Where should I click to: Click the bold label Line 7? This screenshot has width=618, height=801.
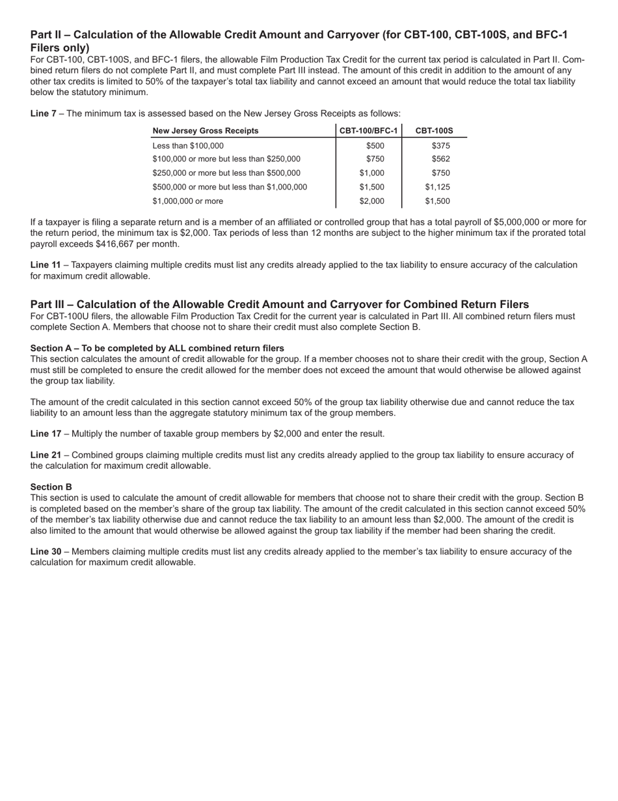[43, 113]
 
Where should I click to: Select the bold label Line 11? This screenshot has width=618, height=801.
[46, 265]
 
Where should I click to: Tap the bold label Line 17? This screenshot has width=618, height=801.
[46, 434]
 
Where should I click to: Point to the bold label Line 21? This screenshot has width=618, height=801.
[46, 455]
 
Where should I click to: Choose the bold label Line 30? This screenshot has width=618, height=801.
[46, 552]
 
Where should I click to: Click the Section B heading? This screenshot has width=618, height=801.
[51, 487]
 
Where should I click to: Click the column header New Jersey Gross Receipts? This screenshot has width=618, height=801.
[206, 131]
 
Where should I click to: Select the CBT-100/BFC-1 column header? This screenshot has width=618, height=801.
[369, 131]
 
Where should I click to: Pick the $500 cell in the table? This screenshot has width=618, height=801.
[375, 146]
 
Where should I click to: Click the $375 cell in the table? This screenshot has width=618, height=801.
[440, 146]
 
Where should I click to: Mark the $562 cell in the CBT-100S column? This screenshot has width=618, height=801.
[440, 160]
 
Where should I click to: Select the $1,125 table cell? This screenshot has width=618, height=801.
[437, 188]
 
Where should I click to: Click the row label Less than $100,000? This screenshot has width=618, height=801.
[188, 146]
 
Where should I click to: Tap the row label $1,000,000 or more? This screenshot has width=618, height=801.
[188, 201]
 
